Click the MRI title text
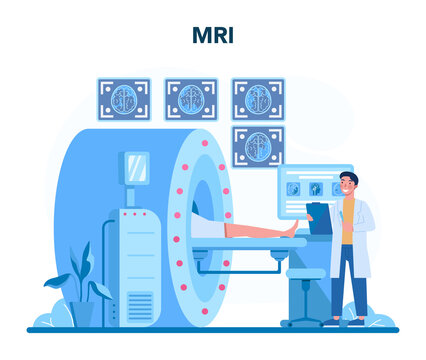point(212,36)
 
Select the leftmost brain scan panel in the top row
point(123,99)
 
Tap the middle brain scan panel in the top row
point(191,99)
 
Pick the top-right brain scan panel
point(258,99)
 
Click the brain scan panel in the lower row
point(258,145)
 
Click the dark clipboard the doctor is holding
point(319,218)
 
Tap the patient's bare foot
point(291,227)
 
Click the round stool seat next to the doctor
point(304,273)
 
